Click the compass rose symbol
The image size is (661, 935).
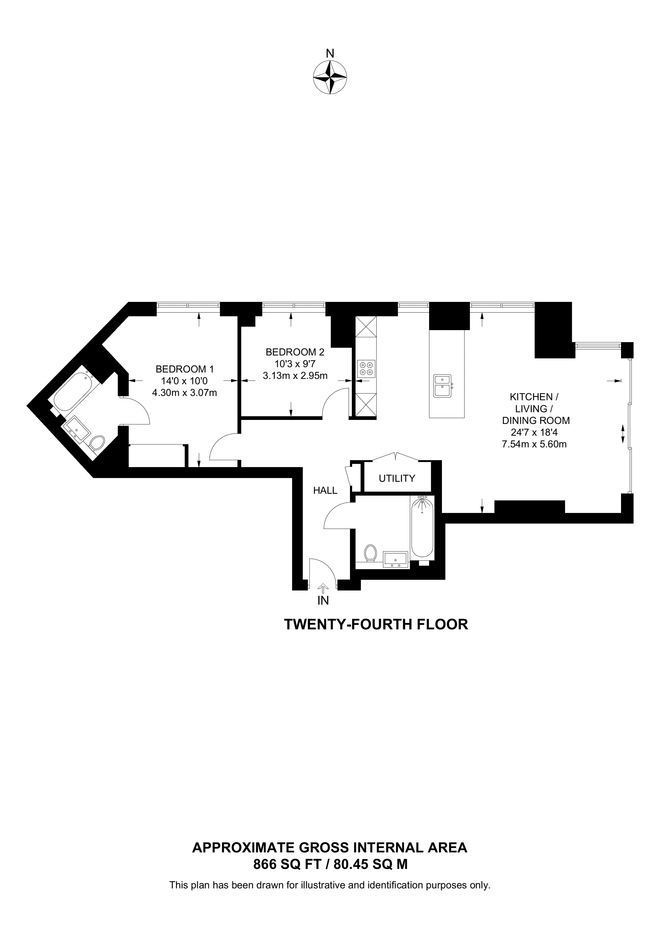[330, 77]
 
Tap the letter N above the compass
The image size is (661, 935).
[330, 53]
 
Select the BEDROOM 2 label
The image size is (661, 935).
[295, 351]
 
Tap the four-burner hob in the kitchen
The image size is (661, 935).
[366, 368]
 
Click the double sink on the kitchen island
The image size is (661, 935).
[442, 386]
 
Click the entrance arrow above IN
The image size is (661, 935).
[323, 587]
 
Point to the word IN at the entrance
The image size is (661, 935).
[323, 600]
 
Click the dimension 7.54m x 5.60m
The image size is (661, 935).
[534, 444]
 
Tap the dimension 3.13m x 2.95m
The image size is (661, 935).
[295, 376]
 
